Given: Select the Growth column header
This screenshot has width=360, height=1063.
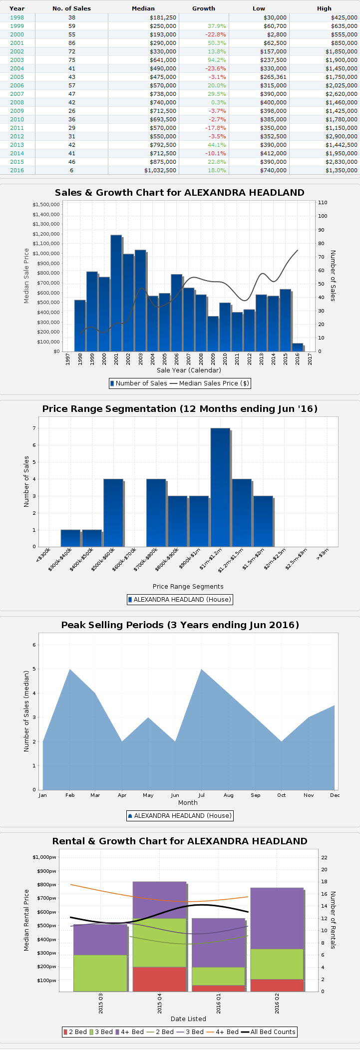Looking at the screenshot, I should click(x=203, y=8).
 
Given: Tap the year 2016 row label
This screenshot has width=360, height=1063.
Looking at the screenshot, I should click(x=17, y=170).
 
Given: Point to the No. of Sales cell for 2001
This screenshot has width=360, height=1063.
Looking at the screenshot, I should click(x=72, y=43).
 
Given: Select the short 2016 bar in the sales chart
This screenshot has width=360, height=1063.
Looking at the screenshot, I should click(x=298, y=347).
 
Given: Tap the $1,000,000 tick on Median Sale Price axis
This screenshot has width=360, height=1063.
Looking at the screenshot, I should click(x=46, y=254).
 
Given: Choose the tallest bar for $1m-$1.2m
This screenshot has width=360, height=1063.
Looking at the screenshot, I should click(x=220, y=487).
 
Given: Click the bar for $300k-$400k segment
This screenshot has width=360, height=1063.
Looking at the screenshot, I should click(x=70, y=538).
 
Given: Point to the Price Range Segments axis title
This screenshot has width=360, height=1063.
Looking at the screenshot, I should click(x=188, y=587).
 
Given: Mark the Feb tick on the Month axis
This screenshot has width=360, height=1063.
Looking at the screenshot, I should click(x=70, y=795).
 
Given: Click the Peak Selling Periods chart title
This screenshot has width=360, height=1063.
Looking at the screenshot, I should click(x=180, y=625).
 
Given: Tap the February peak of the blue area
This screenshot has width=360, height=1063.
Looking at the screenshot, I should click(x=70, y=670).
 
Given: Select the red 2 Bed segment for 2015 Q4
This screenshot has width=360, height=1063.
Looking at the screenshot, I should click(x=159, y=979).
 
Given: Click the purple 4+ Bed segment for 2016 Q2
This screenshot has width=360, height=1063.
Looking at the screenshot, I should click(x=277, y=918).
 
